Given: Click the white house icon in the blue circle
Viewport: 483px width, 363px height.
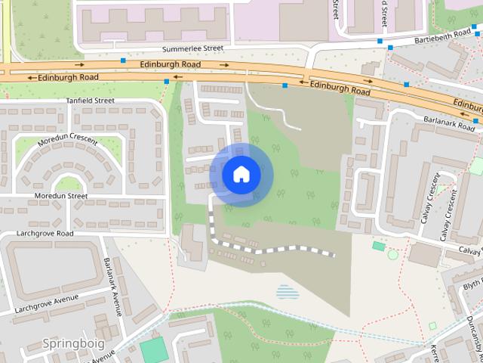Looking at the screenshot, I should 241,174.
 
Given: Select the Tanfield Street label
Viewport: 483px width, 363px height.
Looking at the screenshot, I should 89,100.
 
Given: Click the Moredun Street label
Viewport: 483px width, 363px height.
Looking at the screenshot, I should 61,196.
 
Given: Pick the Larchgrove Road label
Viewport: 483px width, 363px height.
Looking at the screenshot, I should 45,234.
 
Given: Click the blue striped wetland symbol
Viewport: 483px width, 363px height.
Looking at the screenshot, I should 288,290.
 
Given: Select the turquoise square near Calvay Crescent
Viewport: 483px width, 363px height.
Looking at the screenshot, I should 378,246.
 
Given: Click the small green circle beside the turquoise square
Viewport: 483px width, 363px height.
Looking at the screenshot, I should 392,254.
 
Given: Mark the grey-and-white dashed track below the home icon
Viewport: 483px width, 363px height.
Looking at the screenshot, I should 272,249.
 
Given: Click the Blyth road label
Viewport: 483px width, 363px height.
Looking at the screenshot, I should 472,285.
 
